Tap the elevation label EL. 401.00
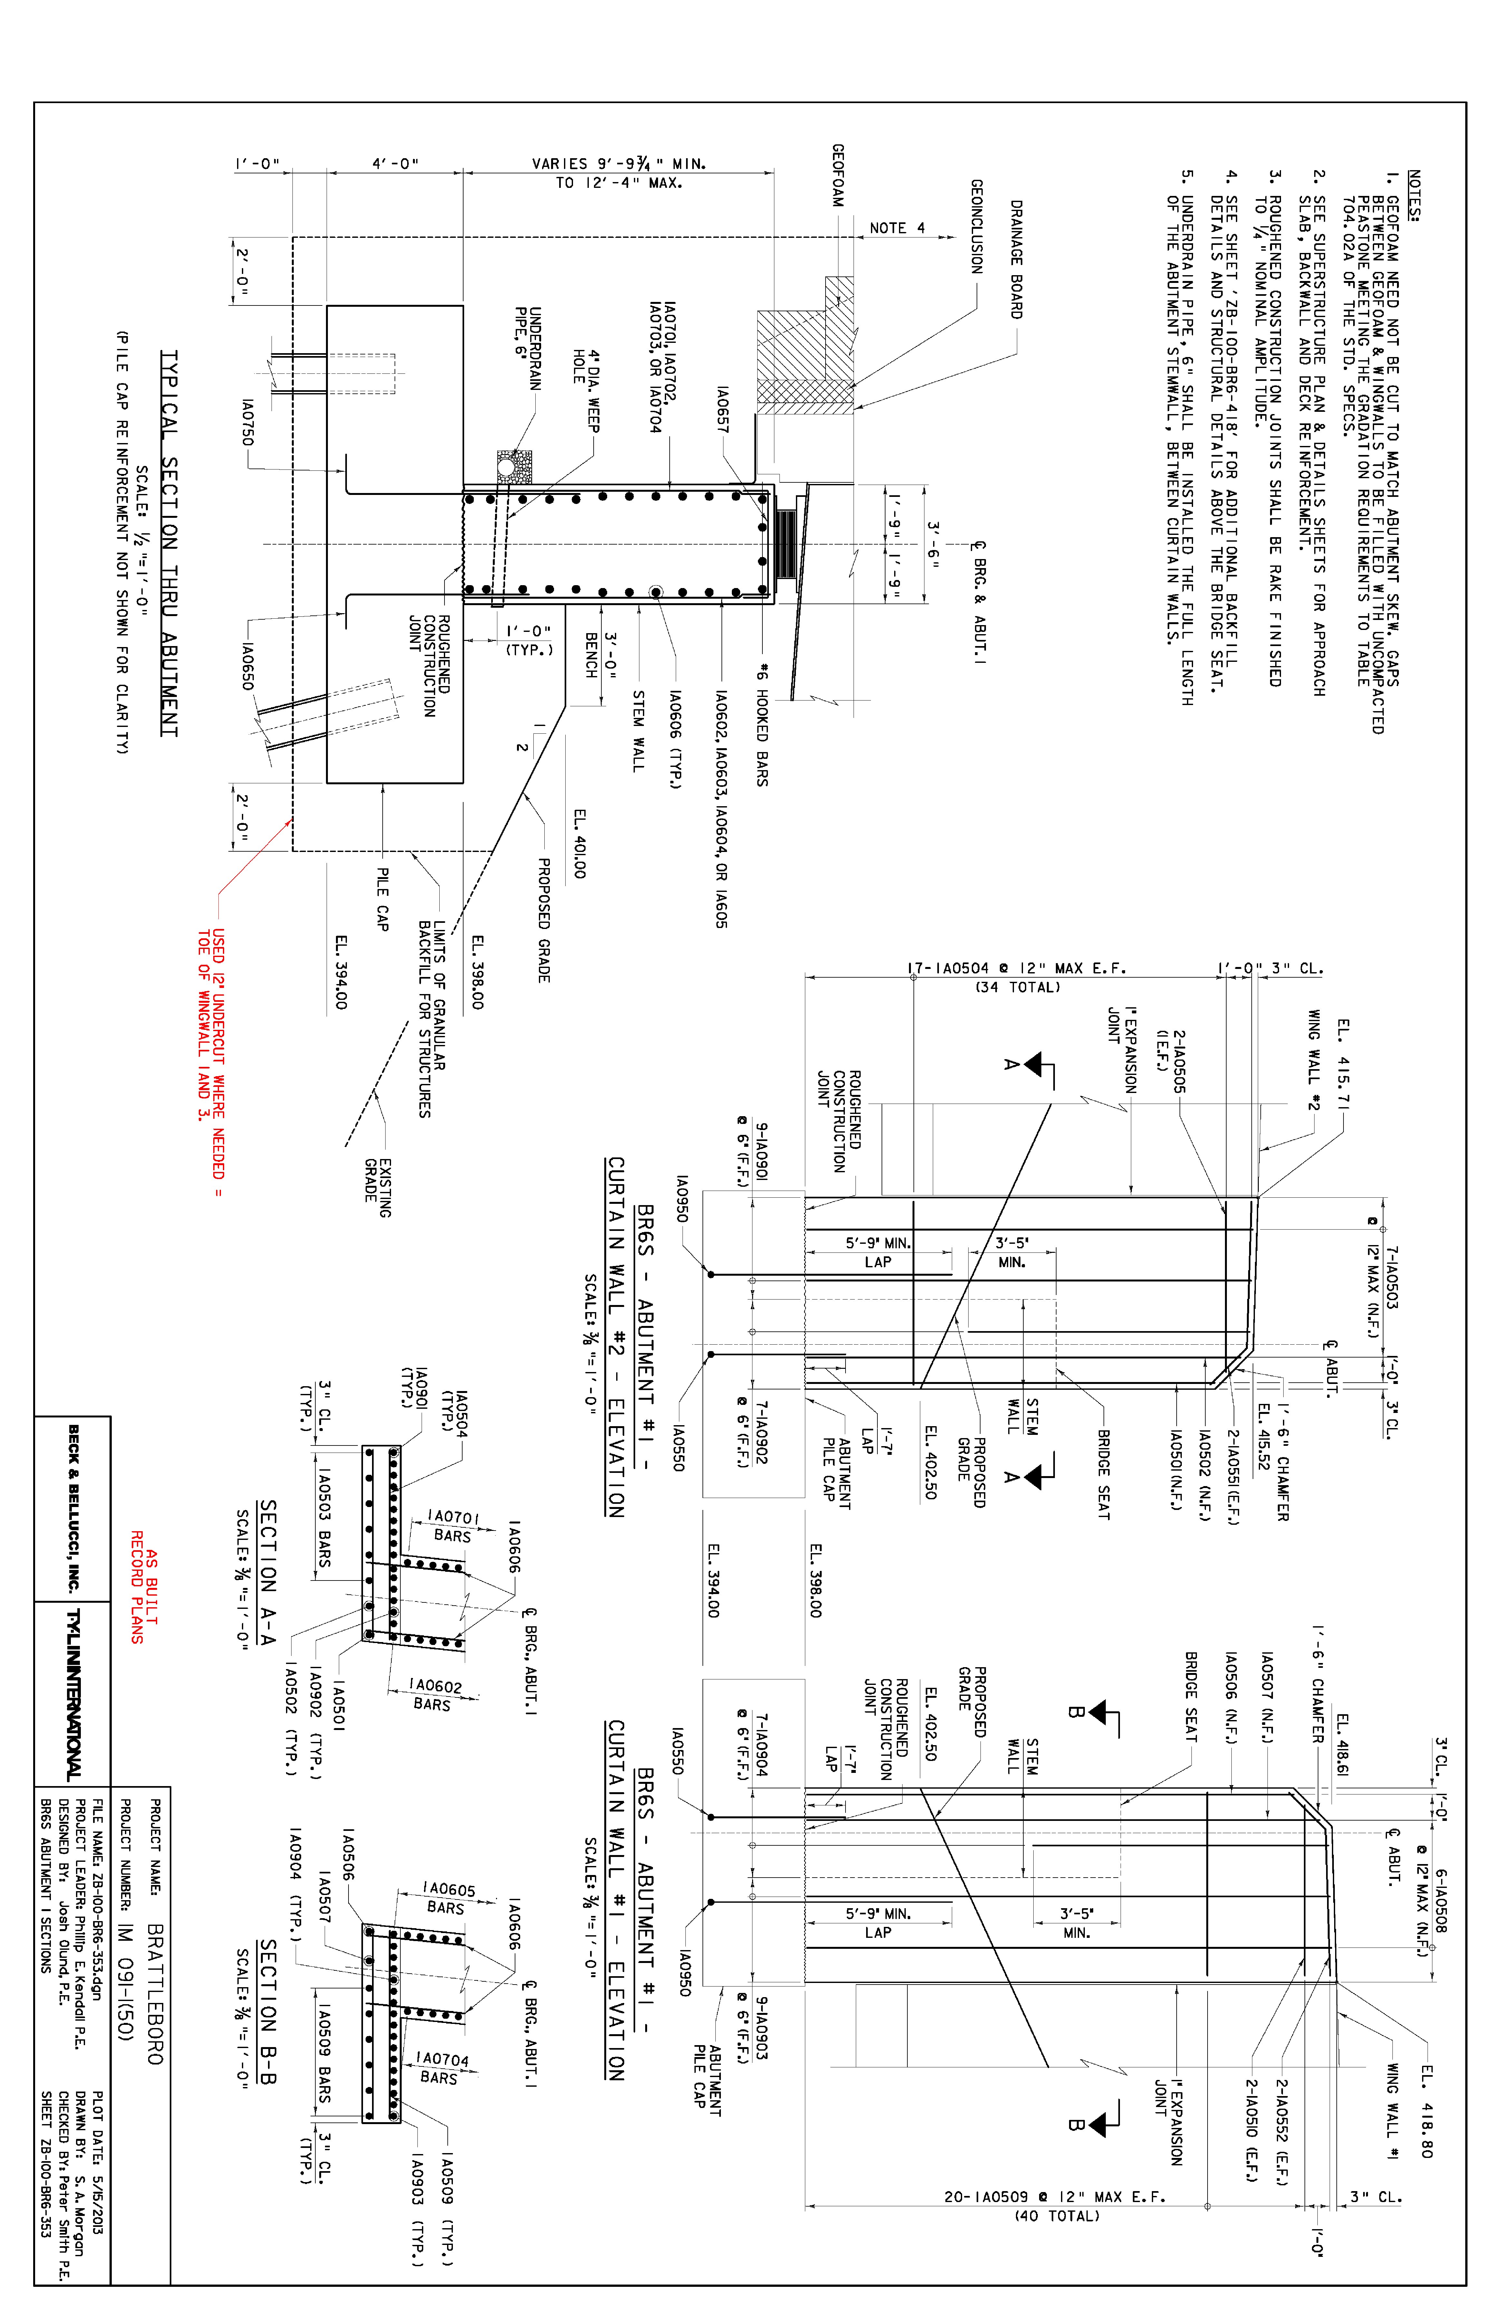[x=579, y=843]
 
